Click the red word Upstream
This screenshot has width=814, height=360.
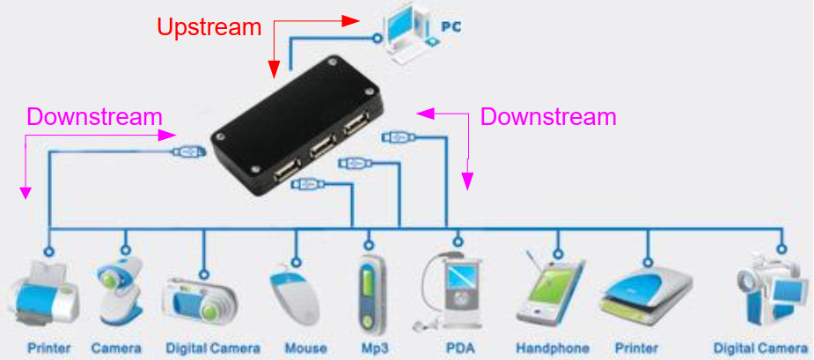click(209, 27)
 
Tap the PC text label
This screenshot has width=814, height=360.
click(451, 26)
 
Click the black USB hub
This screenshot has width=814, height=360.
click(297, 125)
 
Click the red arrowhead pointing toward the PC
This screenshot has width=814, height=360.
click(351, 21)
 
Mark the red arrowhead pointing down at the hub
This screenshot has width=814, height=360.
click(274, 69)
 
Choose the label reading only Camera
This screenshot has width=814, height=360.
click(116, 348)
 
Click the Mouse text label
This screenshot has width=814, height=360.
click(305, 348)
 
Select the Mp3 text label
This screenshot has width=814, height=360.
click(374, 348)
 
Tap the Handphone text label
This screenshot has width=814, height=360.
click(553, 348)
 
